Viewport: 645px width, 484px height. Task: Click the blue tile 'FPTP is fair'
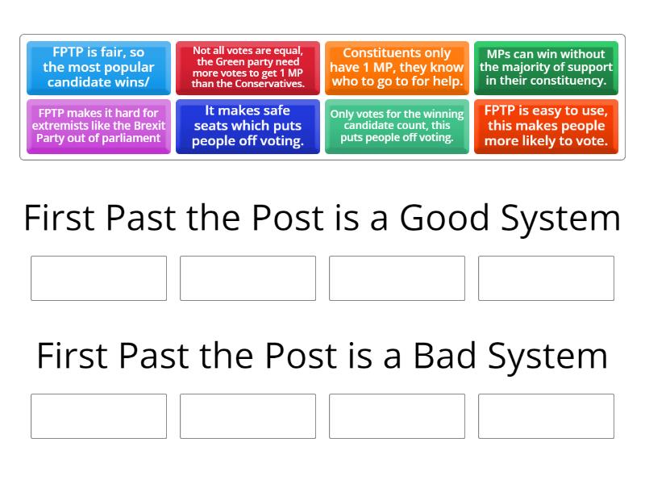(98, 68)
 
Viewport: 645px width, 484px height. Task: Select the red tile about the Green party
(248, 68)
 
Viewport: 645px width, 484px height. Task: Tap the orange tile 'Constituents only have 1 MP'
(397, 68)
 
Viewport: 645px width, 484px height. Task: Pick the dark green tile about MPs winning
(546, 68)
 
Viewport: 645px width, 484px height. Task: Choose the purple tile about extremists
(98, 126)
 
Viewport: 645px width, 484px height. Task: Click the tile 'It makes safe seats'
(248, 126)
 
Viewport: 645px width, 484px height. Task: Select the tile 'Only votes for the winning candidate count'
(397, 126)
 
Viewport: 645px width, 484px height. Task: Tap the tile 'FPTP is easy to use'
(546, 126)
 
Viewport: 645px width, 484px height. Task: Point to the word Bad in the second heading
(443, 357)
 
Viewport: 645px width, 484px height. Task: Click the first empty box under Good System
(98, 278)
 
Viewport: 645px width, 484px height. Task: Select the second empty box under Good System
(248, 278)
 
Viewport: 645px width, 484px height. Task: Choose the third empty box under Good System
(397, 278)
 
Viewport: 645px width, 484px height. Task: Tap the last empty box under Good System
(546, 278)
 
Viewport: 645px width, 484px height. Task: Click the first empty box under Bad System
(98, 416)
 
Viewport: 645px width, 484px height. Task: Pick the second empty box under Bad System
(248, 416)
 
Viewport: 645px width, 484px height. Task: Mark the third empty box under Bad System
(397, 416)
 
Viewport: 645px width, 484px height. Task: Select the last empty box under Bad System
(546, 416)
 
